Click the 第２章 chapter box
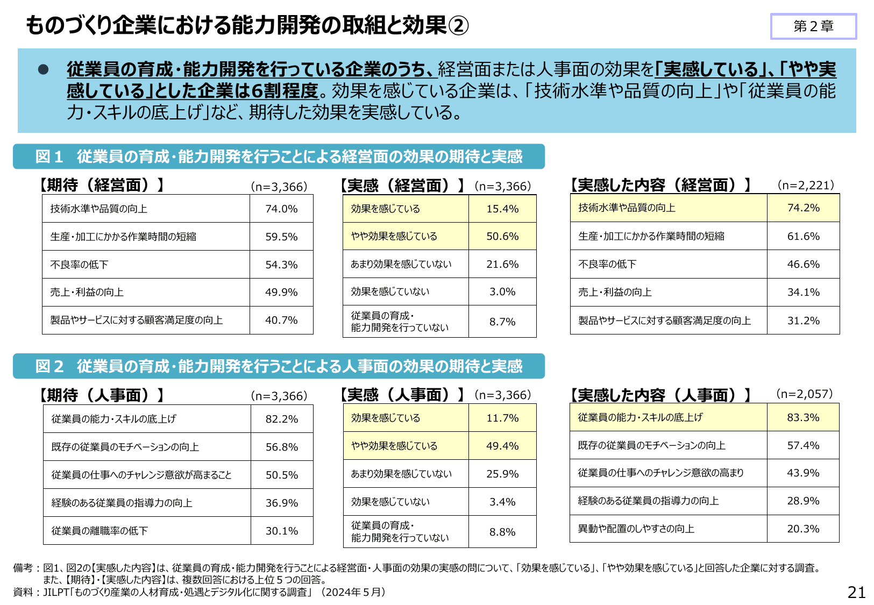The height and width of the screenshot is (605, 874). coord(813,26)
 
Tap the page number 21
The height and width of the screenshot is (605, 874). coord(856,592)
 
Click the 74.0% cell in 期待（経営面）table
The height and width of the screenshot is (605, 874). coord(281,209)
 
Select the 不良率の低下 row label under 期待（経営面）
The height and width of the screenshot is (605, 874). coord(80,265)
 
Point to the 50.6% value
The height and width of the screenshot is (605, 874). coord(502,236)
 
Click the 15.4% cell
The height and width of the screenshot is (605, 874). coord(502,209)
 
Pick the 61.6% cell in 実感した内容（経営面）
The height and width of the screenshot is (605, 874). coord(803,236)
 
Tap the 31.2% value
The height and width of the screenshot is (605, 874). coord(803,321)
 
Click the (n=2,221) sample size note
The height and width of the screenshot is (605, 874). coord(806,185)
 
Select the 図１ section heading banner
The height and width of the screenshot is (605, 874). coord(279,156)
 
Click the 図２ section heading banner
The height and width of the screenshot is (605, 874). coord(279,366)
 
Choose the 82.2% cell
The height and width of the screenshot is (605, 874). coord(281,419)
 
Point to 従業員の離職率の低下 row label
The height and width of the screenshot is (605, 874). coord(100,531)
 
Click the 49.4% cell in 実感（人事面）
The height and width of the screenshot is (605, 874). coord(502,446)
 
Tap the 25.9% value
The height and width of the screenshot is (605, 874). coord(502,474)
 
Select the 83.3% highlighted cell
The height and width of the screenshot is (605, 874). coord(803,417)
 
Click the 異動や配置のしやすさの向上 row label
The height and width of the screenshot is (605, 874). coord(636,529)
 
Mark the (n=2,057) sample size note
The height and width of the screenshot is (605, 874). coord(804,394)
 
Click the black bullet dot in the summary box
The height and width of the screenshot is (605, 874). coord(44,69)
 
